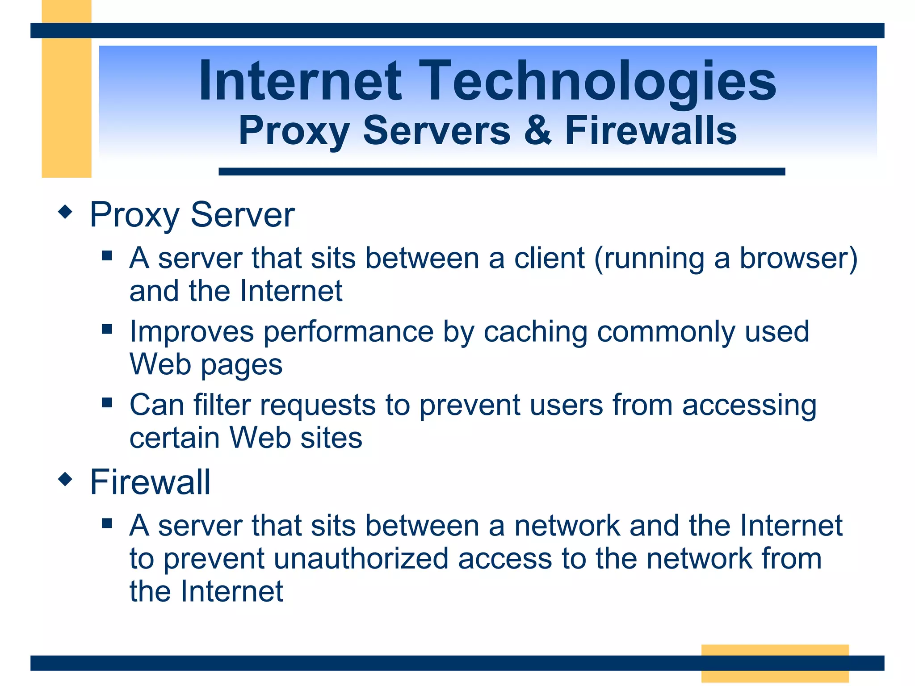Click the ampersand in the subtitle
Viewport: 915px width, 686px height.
(x=537, y=130)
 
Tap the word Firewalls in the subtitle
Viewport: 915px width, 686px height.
(x=651, y=130)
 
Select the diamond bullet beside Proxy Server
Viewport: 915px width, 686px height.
(x=65, y=212)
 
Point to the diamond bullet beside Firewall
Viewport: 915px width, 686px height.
(x=65, y=480)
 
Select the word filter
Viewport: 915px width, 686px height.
(x=222, y=405)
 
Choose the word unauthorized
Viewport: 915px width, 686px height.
(x=361, y=559)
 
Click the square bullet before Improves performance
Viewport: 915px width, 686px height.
(x=107, y=330)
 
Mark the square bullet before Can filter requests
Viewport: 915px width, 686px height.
(x=107, y=403)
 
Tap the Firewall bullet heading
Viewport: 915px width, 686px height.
(x=150, y=482)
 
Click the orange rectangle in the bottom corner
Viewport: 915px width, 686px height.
(x=775, y=663)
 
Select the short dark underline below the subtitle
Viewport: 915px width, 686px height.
(x=501, y=171)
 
